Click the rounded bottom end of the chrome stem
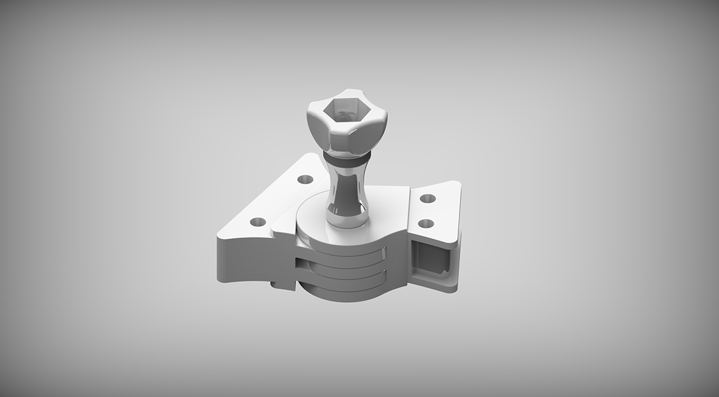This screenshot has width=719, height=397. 346,219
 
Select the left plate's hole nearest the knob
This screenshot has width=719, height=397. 305,179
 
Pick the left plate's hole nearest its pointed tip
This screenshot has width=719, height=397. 258,221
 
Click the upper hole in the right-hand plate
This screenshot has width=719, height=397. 427,198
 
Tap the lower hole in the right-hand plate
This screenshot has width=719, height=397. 425,224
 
